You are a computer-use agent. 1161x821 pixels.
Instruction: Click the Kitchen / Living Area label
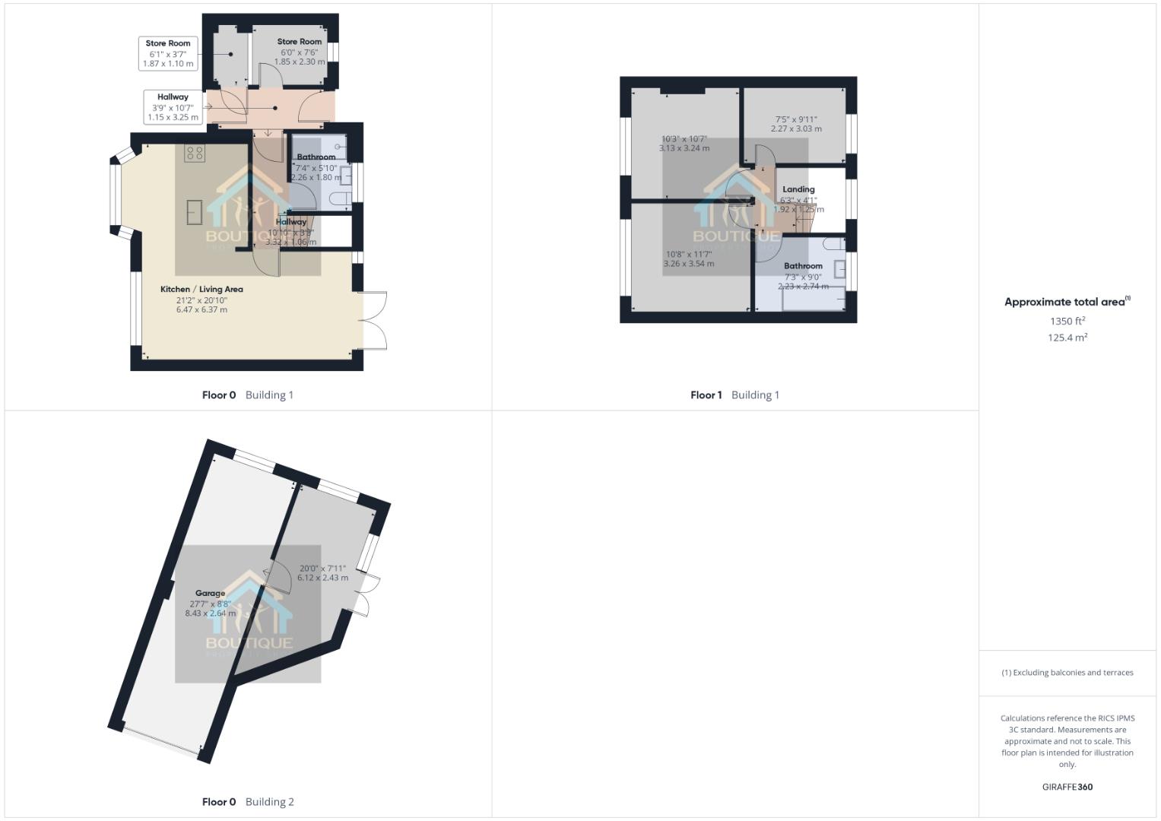pyautogui.click(x=201, y=290)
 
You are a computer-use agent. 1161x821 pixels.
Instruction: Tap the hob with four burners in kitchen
pyautogui.click(x=194, y=153)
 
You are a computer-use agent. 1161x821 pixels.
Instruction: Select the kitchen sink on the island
pyautogui.click(x=194, y=212)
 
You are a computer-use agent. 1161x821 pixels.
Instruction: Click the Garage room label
pyautogui.click(x=210, y=593)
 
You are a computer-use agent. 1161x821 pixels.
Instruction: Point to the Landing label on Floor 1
pyautogui.click(x=798, y=189)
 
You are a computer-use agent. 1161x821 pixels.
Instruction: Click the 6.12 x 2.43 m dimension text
pyautogui.click(x=322, y=578)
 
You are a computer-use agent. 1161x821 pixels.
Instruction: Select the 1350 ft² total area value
pyautogui.click(x=1067, y=321)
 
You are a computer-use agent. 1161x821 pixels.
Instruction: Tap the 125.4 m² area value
pyautogui.click(x=1067, y=338)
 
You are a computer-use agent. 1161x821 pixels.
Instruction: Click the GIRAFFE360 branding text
pyautogui.click(x=1067, y=787)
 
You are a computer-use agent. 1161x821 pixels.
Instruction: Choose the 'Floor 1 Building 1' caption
pyautogui.click(x=734, y=395)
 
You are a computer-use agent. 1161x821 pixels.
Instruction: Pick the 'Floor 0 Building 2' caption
pyautogui.click(x=248, y=801)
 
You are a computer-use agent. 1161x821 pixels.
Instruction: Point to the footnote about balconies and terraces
pyautogui.click(x=1067, y=673)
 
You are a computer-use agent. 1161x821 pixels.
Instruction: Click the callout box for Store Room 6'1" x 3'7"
pyautogui.click(x=168, y=54)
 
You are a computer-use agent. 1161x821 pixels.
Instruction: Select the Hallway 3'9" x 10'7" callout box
pyautogui.click(x=173, y=107)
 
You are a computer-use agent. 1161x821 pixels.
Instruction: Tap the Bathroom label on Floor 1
pyautogui.click(x=803, y=266)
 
